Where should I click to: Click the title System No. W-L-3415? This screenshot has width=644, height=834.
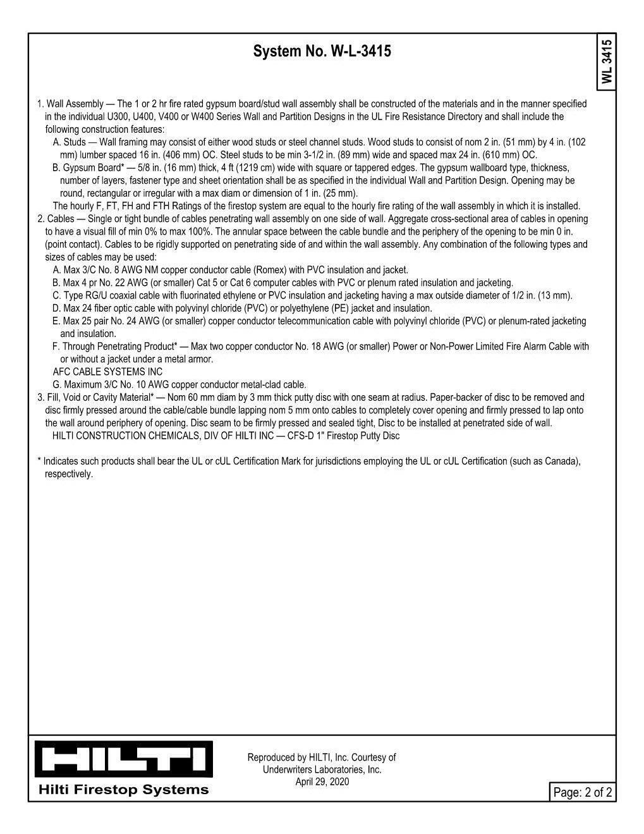322,51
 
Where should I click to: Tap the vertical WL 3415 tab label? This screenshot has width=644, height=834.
607,61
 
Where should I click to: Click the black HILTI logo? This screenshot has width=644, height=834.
123,759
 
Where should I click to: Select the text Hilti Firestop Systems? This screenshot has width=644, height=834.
123,790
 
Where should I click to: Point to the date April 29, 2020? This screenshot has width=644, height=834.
322,782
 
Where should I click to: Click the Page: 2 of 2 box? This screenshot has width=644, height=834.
582,792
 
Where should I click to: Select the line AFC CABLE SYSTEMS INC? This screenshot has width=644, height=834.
107,372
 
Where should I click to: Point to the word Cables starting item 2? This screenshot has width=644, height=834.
61,219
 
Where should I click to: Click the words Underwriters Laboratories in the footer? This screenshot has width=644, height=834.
322,770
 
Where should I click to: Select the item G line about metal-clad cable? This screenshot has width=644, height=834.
179,384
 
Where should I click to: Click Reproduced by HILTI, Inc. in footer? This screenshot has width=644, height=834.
297,757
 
